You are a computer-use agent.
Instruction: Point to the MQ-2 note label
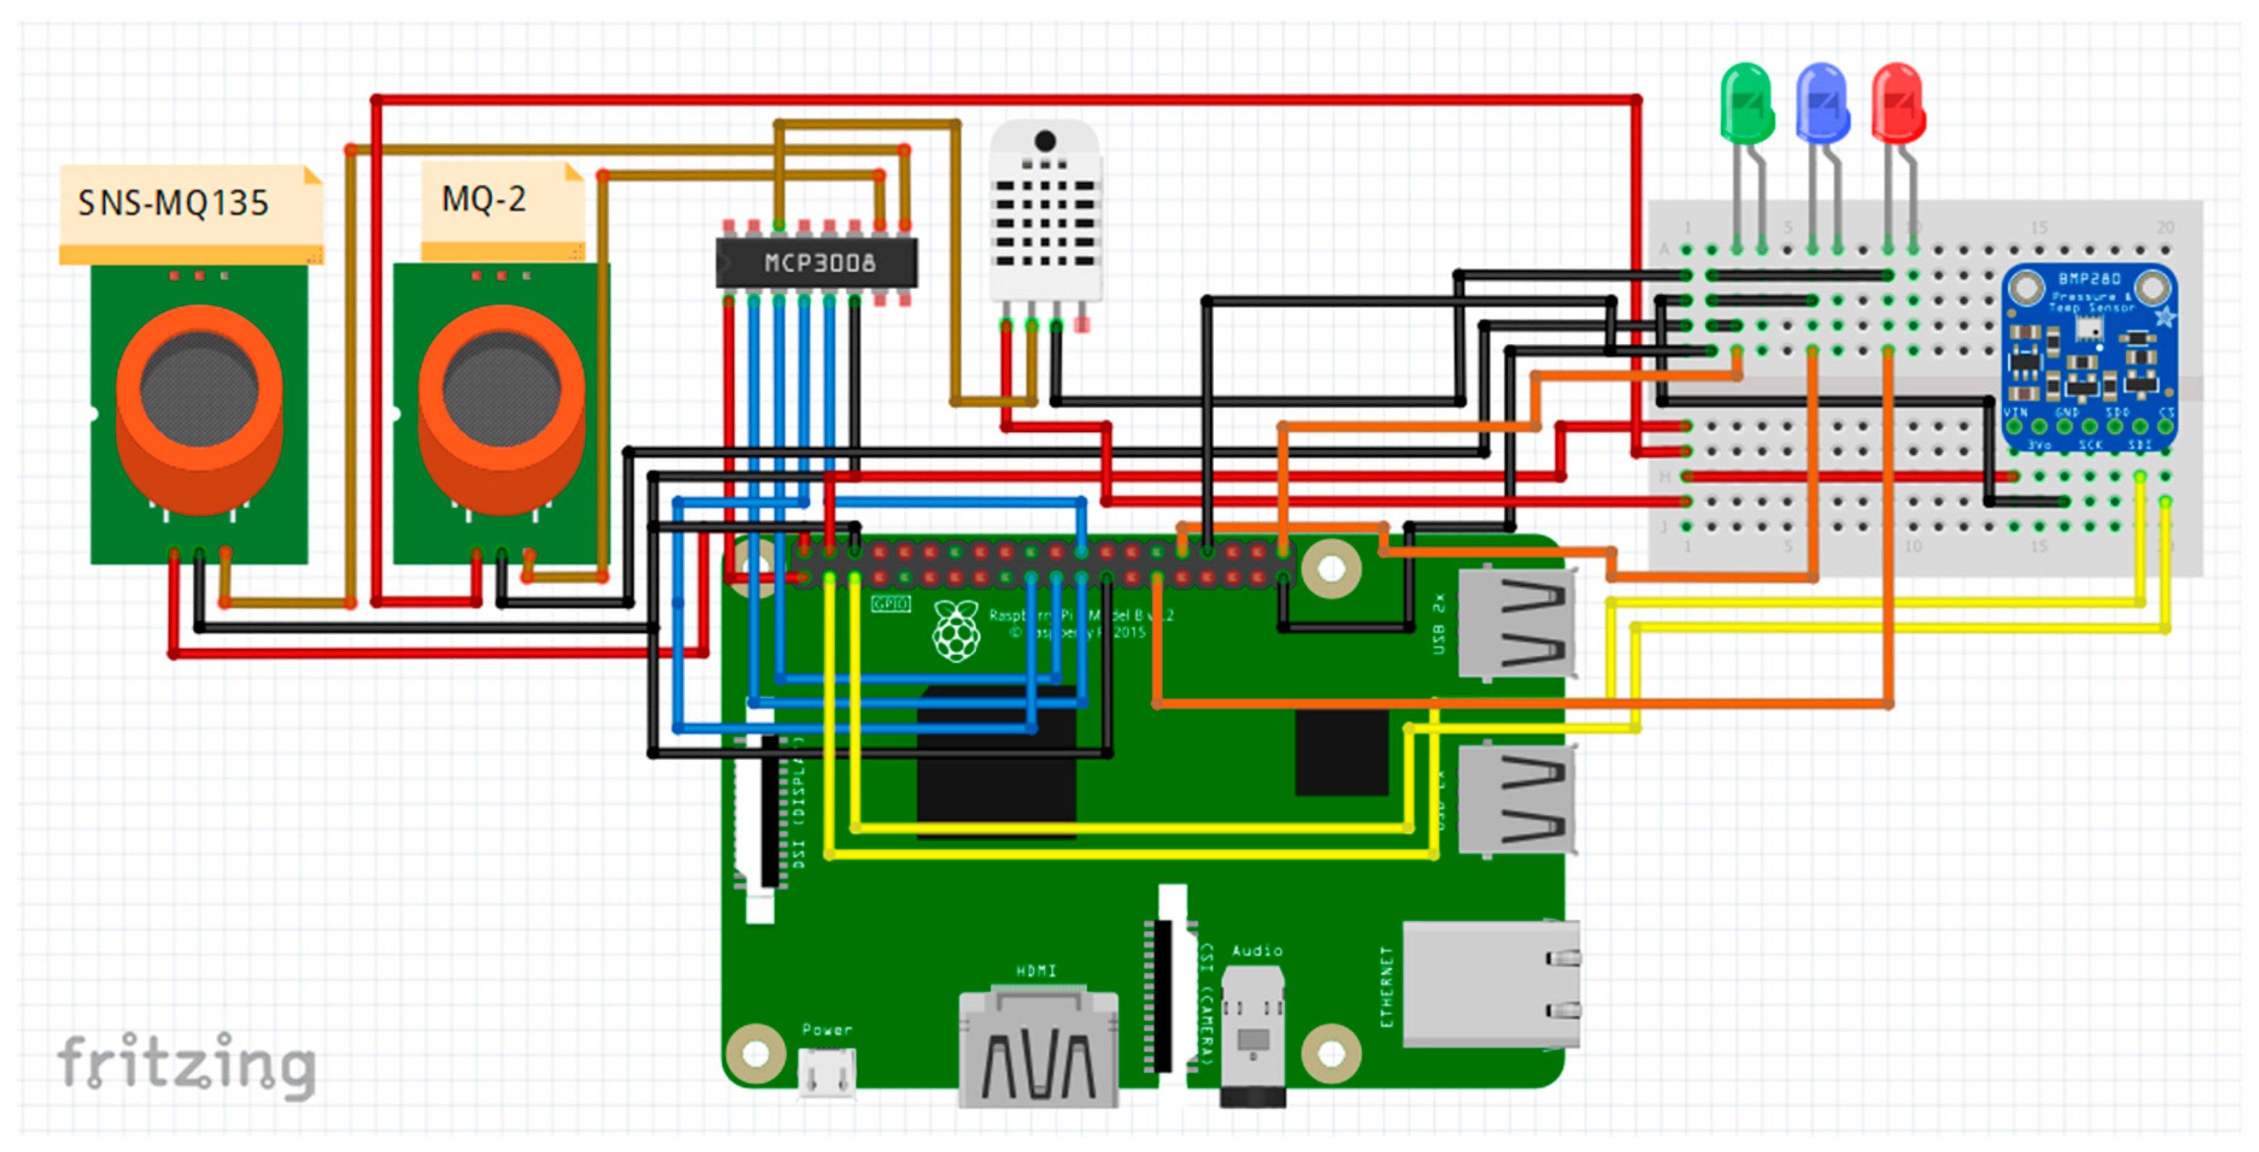(484, 200)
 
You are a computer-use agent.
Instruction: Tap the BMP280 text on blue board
(2090, 279)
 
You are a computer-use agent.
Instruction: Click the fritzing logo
(186, 1064)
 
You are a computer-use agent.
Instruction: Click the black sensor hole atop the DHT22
(1044, 140)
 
